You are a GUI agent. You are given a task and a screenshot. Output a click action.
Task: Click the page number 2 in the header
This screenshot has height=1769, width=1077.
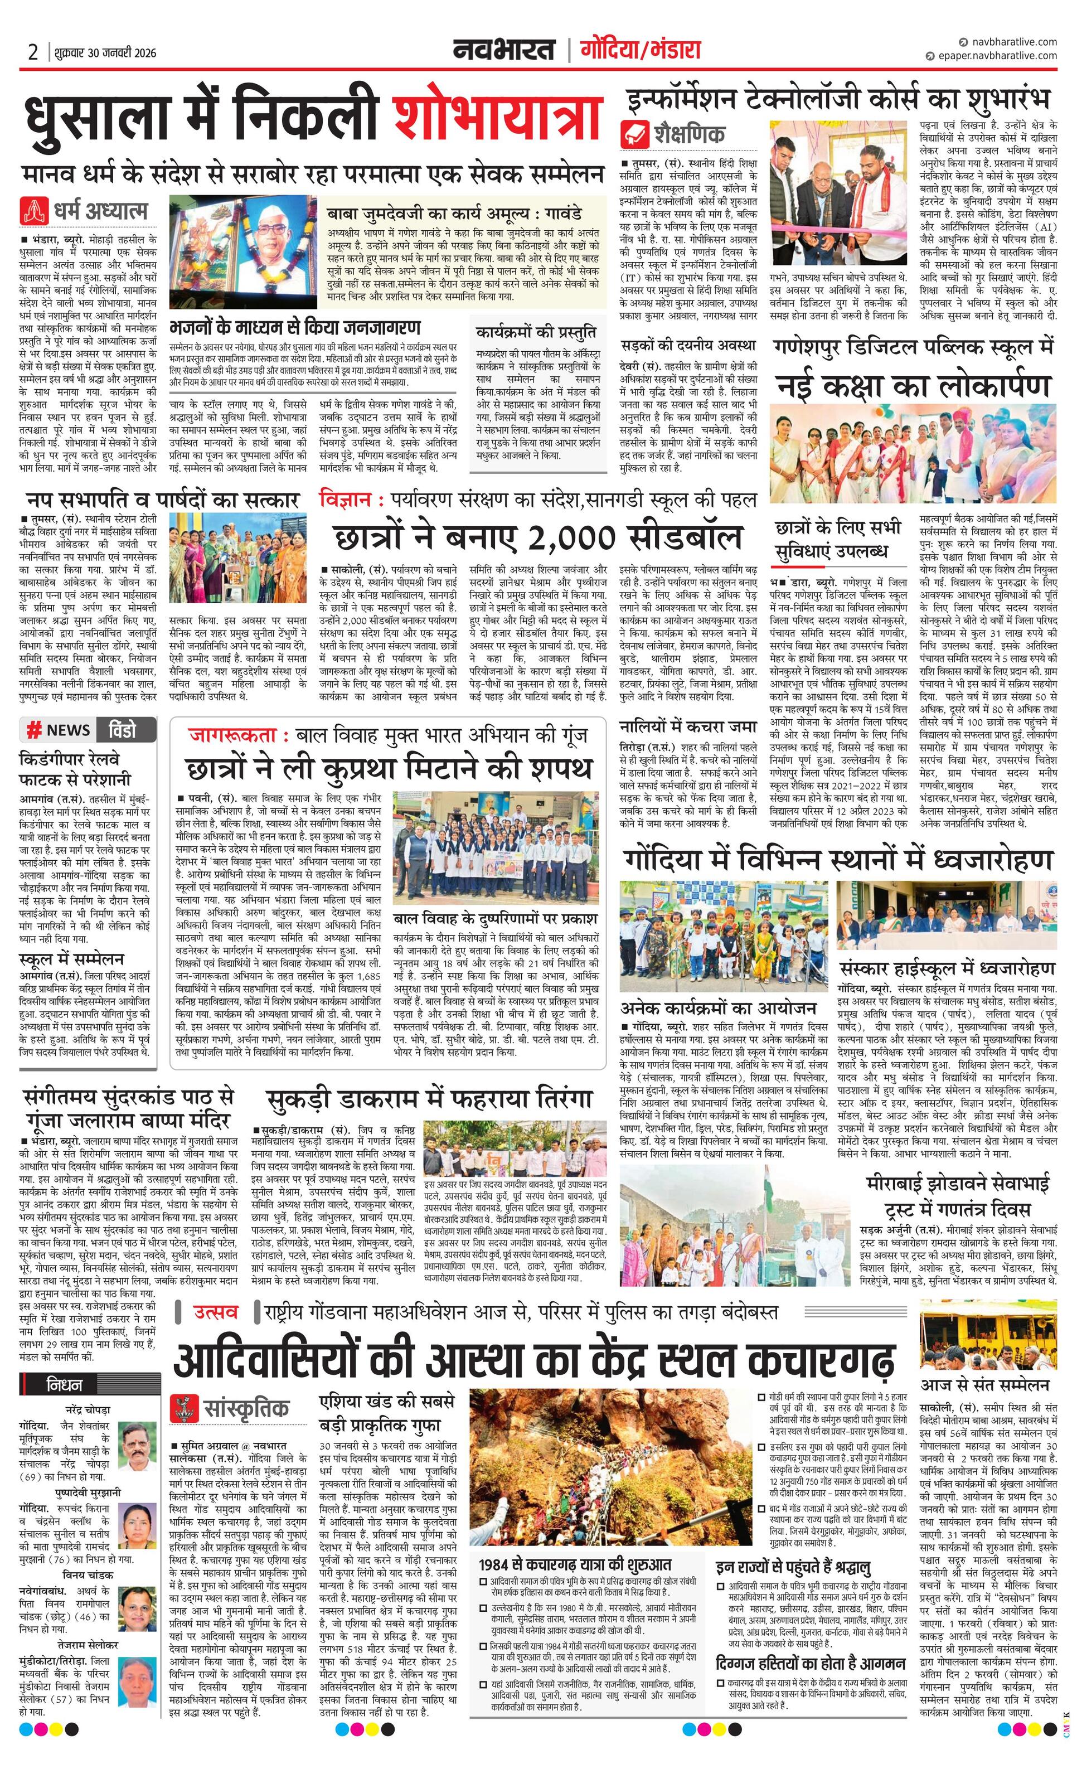tap(33, 52)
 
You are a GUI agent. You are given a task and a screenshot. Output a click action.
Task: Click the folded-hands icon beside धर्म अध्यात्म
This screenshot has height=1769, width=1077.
tap(35, 210)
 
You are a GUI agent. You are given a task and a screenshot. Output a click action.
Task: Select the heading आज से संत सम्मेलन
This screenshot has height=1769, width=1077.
tap(985, 1384)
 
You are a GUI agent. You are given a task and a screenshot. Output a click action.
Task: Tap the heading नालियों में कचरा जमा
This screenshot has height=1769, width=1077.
tap(688, 726)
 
